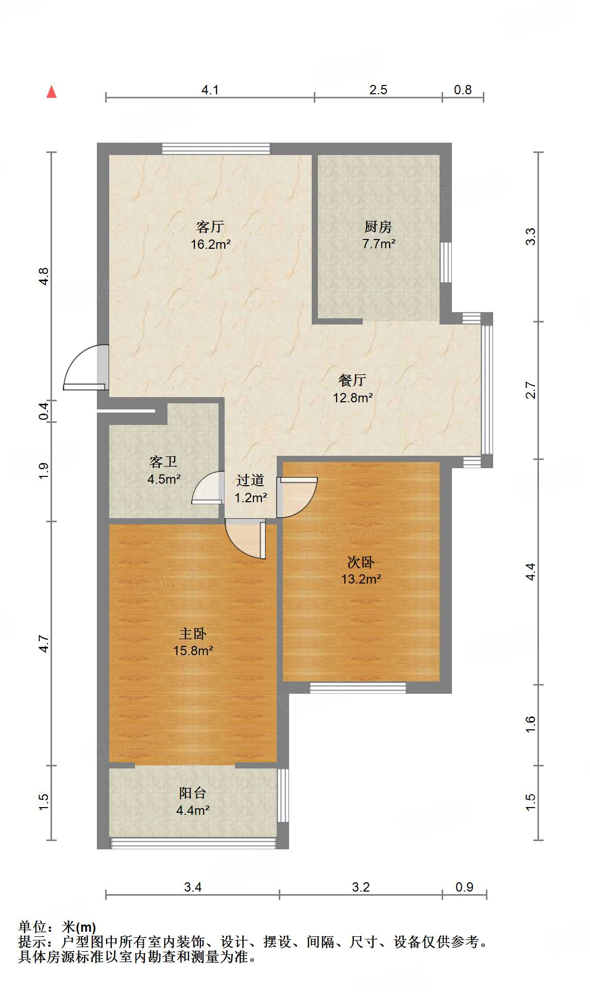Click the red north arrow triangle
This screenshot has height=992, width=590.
pos(52,92)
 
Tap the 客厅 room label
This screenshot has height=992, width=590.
pos(210,227)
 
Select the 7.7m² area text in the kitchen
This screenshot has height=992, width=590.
pos(379,244)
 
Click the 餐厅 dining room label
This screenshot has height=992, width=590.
pos(352,380)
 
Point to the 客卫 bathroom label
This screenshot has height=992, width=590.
pos(163,461)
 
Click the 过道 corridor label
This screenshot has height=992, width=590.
pos(250,480)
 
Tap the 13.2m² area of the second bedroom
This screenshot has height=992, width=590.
pos(361,579)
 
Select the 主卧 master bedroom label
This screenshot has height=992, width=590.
pos(193,634)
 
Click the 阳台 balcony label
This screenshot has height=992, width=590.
pos(193,793)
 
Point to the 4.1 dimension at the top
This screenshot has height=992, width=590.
pos(210,90)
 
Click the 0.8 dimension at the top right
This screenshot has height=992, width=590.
pos(463,90)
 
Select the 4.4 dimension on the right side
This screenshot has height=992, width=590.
pos(531,572)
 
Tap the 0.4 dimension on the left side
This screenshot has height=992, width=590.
pos(44,411)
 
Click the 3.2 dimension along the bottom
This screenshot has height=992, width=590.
pos(361,887)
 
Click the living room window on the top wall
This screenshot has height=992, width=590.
pos(216,148)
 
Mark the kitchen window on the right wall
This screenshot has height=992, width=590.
pos(446,262)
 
